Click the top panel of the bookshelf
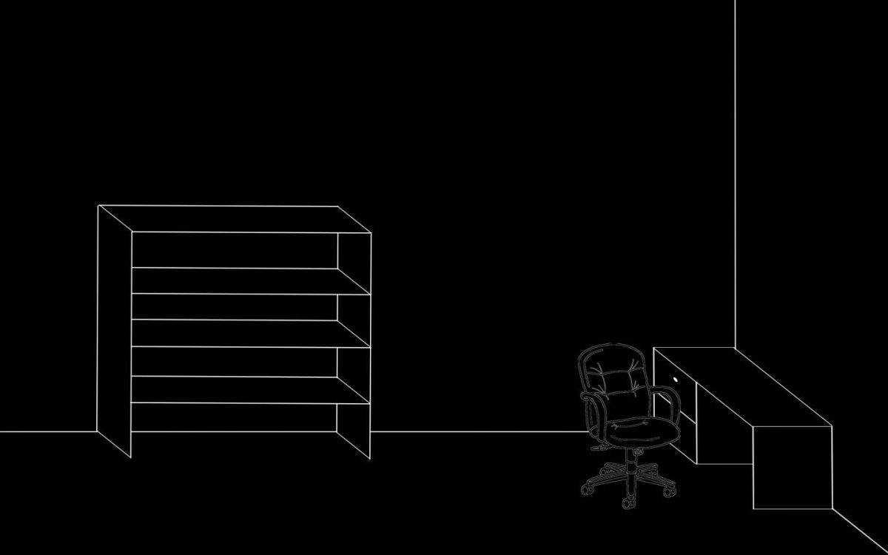(x=233, y=219)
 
